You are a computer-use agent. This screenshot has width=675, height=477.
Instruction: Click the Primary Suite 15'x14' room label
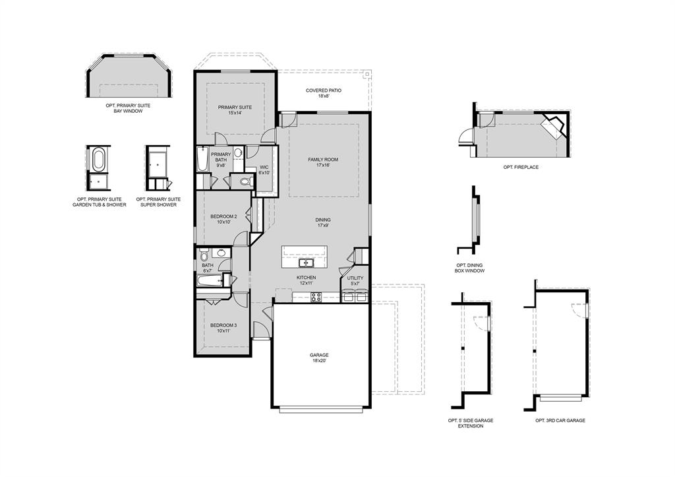point(235,110)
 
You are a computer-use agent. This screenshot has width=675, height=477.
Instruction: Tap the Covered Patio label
point(323,93)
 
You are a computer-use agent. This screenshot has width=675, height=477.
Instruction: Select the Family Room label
point(323,162)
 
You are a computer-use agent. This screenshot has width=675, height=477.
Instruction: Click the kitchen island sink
point(305,263)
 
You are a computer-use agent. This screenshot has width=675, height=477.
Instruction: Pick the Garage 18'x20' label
point(320,358)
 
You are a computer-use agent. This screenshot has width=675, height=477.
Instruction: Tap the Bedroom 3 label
point(223,328)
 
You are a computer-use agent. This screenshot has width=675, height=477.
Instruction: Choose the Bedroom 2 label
point(223,219)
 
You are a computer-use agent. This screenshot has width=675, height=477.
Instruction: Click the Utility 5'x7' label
point(355,281)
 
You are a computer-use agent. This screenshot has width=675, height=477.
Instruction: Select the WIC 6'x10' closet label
point(264,170)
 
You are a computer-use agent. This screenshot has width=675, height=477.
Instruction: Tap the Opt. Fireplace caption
point(521,168)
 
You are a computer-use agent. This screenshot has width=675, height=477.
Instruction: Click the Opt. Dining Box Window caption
point(469,268)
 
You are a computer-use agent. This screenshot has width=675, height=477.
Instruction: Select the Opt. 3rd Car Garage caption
point(560,420)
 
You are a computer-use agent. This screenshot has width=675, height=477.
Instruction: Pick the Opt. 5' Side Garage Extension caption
point(471,423)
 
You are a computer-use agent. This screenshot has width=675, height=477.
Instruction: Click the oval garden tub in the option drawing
point(98,160)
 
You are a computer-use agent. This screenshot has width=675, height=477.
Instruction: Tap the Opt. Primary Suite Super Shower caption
point(158,202)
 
